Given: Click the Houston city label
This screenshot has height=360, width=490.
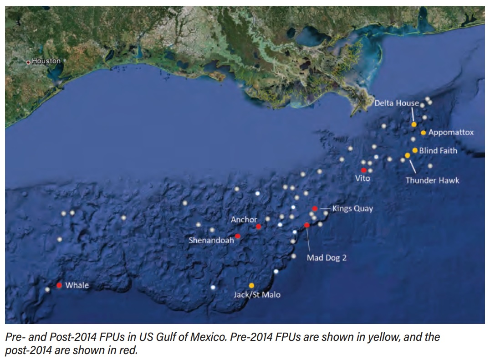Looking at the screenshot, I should click(46, 61).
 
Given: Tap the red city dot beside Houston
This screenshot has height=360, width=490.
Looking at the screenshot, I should click(29, 62).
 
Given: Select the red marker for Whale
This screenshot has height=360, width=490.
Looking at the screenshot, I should click(59, 285).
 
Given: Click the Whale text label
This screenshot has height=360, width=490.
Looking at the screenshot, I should click(77, 286).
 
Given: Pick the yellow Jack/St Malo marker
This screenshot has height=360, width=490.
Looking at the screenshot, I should click(251, 285).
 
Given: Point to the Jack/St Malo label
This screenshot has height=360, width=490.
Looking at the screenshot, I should click(257, 295).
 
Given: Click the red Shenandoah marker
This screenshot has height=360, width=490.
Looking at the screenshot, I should click(238, 236).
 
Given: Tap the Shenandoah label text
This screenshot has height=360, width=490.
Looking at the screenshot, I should click(211, 240).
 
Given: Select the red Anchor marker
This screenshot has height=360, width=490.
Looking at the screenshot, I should click(259, 226).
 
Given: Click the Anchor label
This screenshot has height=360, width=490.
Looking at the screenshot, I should click(244, 220).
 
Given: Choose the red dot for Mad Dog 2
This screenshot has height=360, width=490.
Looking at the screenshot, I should click(307, 225).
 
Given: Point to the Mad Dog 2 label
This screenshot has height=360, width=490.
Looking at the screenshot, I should click(327, 258).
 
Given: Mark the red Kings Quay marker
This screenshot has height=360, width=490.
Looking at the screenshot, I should click(315, 209).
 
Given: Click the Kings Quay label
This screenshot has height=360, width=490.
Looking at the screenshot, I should click(352, 209).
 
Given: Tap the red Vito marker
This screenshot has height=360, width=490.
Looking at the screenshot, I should click(363, 170).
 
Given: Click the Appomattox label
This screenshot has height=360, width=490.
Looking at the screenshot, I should click(451, 133).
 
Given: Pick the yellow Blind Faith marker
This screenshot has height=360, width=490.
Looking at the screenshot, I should click(415, 150).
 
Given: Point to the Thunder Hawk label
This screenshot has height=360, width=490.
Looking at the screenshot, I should click(432, 180).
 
